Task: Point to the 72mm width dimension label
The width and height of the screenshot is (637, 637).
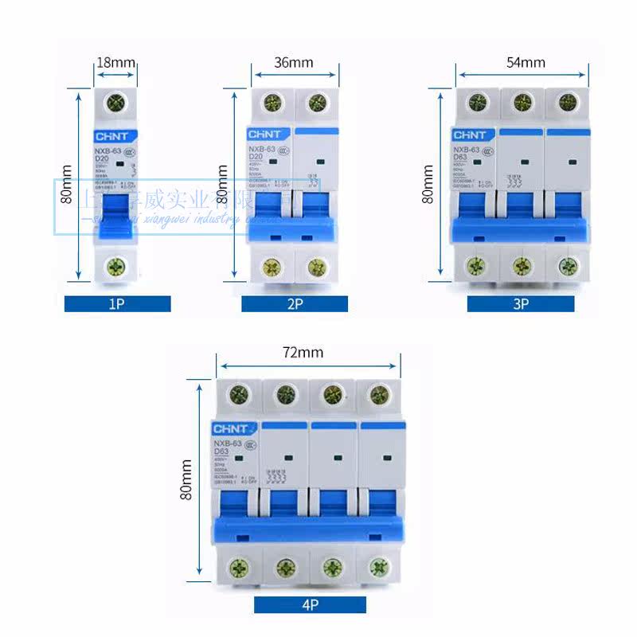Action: pos(307,352)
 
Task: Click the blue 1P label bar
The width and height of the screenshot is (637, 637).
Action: pos(117,303)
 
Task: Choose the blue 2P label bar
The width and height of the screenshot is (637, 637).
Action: pos(295,303)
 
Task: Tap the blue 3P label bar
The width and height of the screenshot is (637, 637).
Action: pos(521,303)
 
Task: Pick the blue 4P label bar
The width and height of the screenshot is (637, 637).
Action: pos(310,604)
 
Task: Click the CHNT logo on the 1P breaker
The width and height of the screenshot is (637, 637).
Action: pos(116,135)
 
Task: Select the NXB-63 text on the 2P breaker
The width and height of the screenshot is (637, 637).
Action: pos(261,149)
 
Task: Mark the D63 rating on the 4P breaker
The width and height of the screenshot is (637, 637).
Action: pos(221,451)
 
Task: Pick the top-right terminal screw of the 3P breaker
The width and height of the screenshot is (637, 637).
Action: pos(567,102)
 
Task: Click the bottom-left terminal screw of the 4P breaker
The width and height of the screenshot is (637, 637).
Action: pos(238,568)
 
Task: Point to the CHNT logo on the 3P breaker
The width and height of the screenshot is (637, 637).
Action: pos(475,135)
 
